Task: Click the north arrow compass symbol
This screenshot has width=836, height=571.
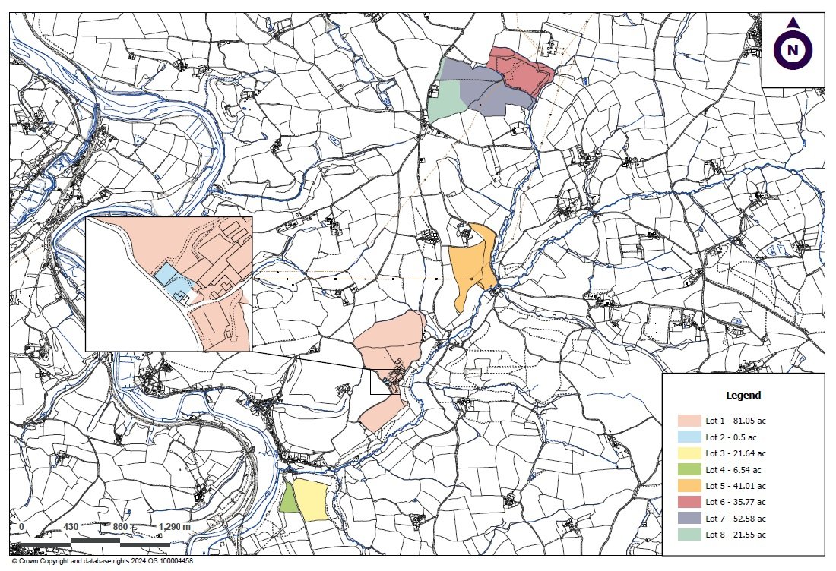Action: pos(793,50)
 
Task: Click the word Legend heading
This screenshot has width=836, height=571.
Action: pos(743,396)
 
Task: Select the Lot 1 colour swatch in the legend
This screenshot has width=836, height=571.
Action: pos(689,421)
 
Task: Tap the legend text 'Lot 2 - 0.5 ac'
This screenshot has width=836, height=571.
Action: pos(732,437)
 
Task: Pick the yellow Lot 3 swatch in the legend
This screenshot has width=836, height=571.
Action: pos(689,453)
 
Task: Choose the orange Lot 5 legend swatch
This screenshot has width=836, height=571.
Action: pos(689,486)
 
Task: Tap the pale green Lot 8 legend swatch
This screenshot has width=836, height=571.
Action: pos(689,535)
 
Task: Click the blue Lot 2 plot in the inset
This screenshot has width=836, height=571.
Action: pos(166,274)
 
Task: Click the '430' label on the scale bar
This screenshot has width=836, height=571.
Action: pos(71,527)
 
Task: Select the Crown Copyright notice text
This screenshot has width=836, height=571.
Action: pos(102,561)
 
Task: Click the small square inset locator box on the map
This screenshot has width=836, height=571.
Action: pos(384,382)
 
